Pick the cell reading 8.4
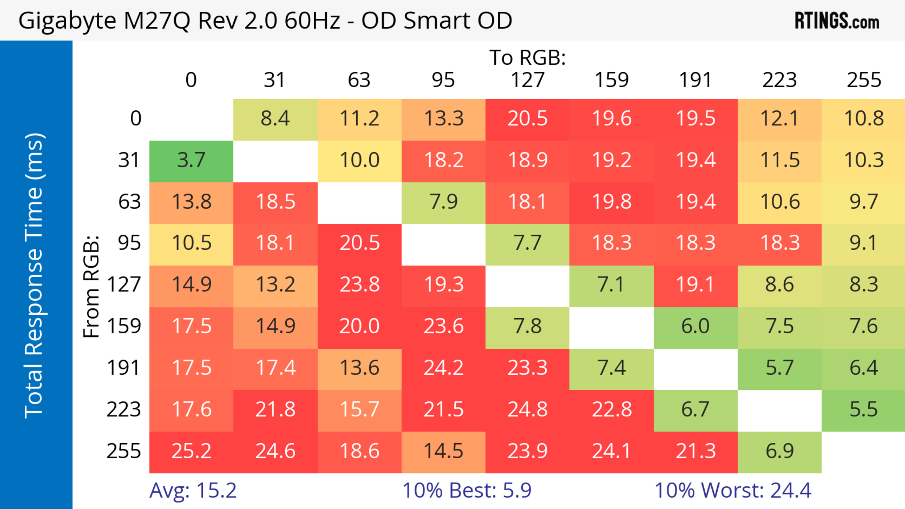275,119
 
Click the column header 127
527,80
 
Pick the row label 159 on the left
124,326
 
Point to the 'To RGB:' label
527,57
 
